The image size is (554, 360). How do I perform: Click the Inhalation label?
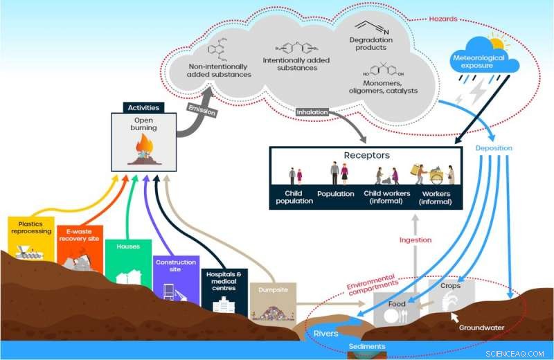tap(312, 111)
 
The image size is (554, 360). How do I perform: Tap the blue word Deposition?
tap(494, 147)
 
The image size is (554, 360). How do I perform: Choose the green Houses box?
tap(128, 263)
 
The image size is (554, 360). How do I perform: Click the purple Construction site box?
tap(175, 277)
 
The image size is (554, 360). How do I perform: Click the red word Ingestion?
tap(415, 240)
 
